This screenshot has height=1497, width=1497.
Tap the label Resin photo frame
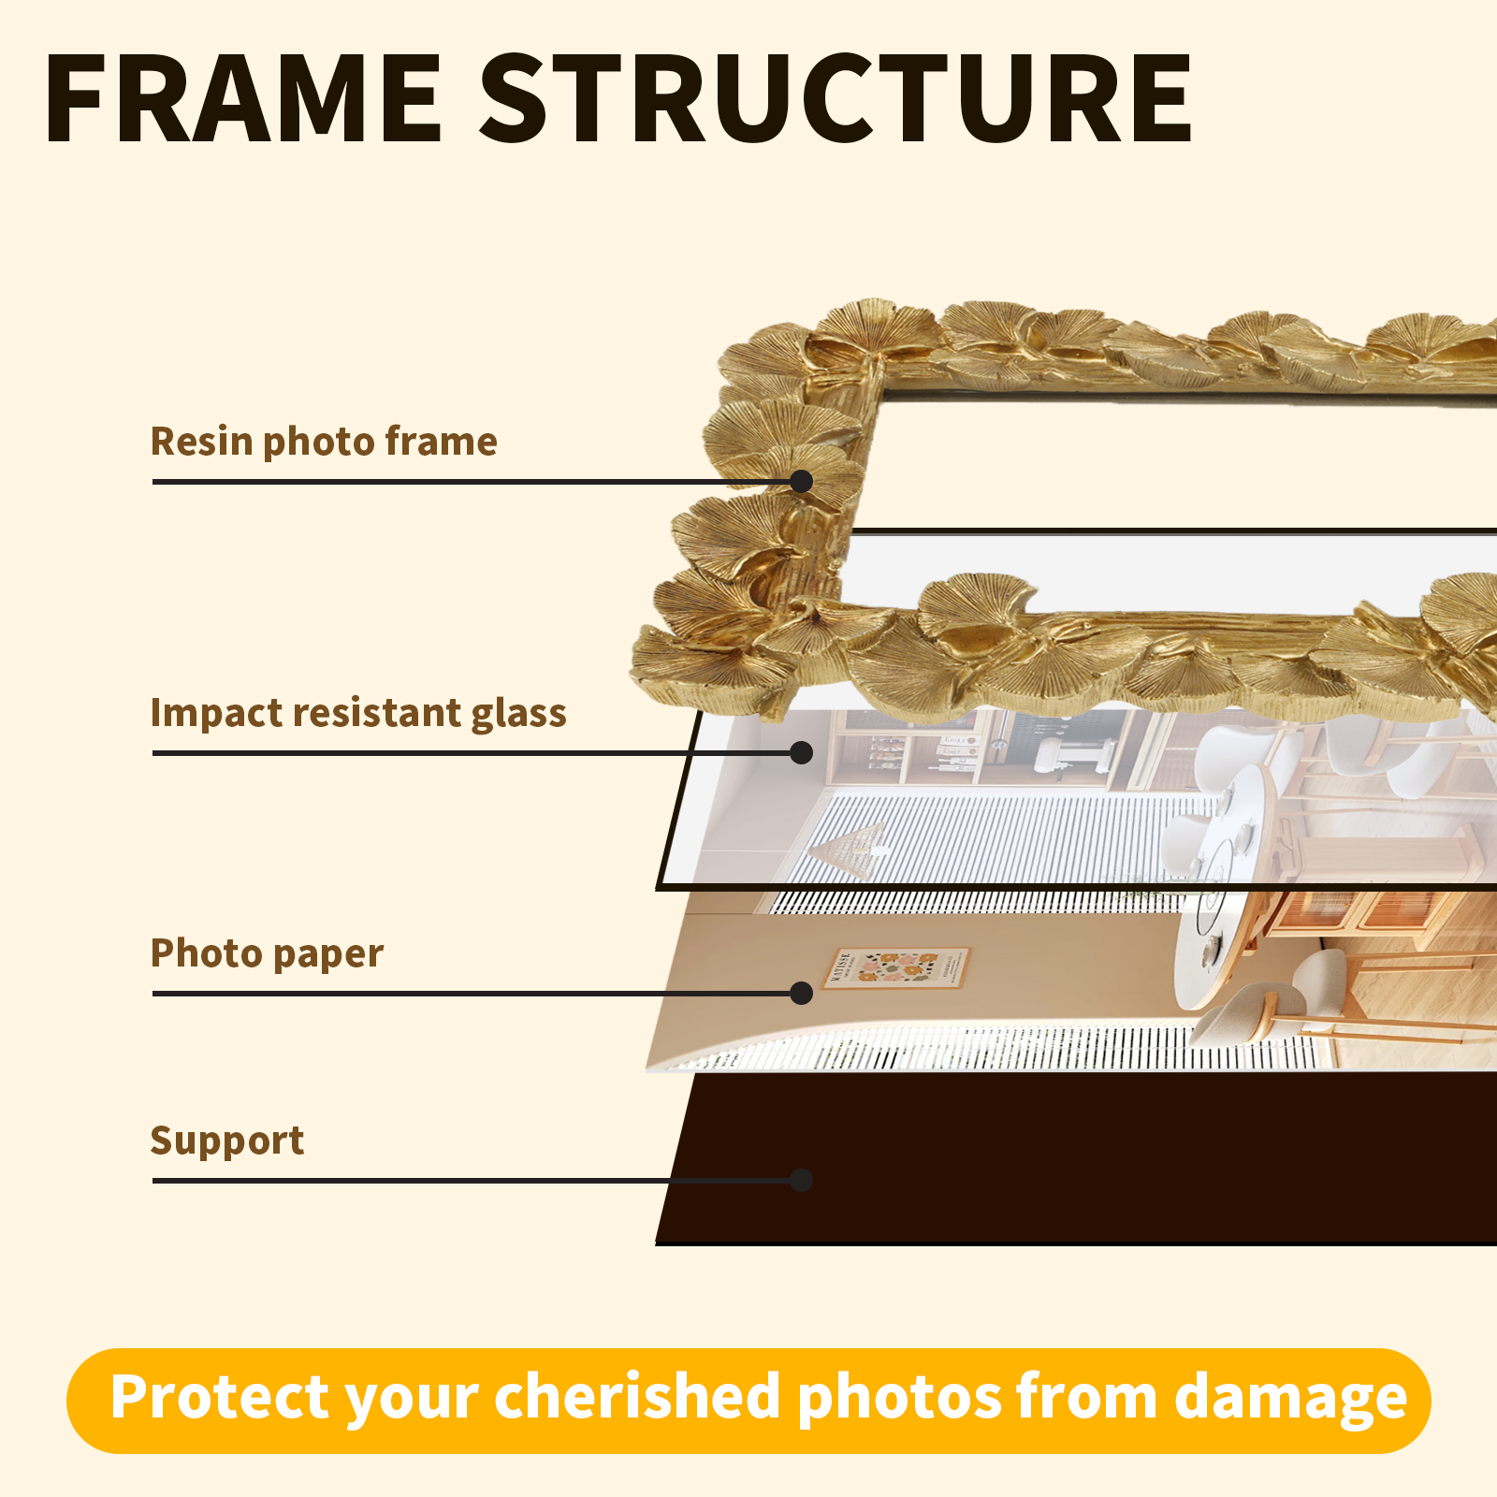324,442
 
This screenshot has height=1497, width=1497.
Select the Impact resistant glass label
358,713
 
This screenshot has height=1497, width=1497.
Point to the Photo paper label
267,953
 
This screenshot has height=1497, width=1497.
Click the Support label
227,1141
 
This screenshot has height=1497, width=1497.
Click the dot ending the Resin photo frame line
801,481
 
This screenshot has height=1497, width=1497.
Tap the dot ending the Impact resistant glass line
801,752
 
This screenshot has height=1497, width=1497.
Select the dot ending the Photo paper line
801,993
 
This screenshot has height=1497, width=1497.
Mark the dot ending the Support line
801,1180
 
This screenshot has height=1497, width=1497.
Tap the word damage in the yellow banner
1290,1398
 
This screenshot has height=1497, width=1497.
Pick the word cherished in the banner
637,1398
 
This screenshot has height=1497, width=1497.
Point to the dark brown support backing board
1076,1160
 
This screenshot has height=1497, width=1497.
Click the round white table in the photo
1216,945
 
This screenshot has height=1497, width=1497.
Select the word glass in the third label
518,713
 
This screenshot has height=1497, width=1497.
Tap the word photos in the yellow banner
898,1398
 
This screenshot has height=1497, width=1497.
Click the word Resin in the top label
200,442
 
